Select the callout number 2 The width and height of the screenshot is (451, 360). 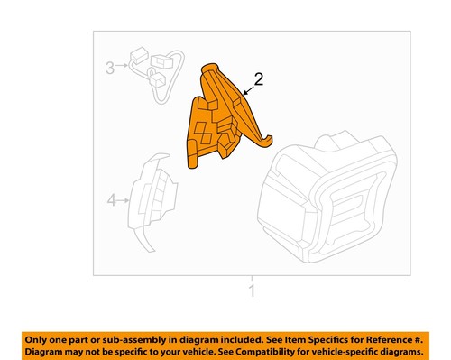pos(259,80)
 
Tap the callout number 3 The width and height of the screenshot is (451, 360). pos(110,67)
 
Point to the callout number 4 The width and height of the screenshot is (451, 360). pos(112,200)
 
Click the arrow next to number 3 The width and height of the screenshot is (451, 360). pos(122,67)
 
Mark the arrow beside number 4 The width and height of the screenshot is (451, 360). pos(124,200)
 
